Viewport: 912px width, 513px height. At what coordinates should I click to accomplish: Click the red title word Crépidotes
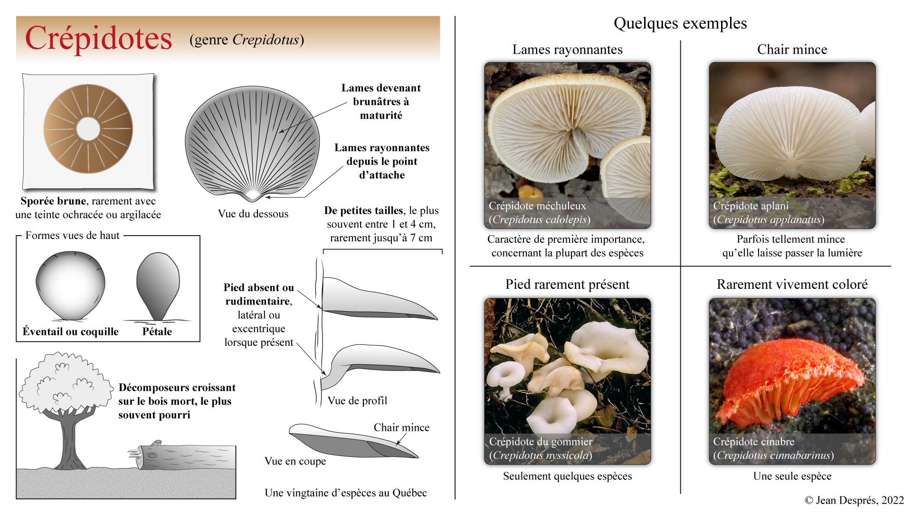tap(98, 38)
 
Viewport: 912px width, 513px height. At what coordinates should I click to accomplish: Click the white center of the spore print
tap(88, 129)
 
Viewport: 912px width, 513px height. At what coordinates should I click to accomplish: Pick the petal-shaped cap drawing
tap(158, 285)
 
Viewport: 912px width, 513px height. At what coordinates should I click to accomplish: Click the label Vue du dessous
tap(253, 214)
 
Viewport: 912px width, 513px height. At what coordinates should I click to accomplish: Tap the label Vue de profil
tap(357, 401)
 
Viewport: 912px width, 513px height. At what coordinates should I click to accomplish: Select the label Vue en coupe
tap(295, 461)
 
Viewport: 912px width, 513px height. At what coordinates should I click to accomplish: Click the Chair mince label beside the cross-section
tap(401, 427)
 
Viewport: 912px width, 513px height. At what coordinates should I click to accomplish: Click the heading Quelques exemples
tap(680, 23)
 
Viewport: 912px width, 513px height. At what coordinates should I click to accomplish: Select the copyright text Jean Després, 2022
tap(854, 500)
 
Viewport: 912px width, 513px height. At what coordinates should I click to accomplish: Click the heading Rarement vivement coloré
tap(792, 284)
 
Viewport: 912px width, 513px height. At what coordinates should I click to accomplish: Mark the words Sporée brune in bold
tap(53, 201)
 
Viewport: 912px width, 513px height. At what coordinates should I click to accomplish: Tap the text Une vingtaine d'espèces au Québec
tap(346, 493)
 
